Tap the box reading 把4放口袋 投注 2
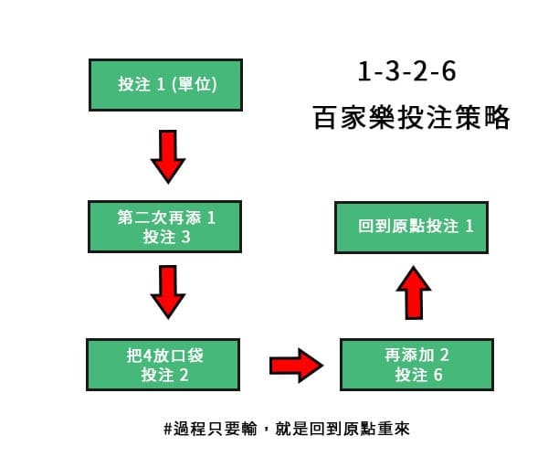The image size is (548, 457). (165, 365)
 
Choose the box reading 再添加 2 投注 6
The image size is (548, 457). (416, 365)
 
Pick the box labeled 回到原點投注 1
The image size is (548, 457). (416, 226)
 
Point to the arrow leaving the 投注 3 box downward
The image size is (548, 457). (167, 292)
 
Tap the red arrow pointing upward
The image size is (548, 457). (416, 292)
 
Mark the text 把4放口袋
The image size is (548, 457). (165, 355)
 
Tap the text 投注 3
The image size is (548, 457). (165, 237)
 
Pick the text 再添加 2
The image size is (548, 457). (418, 355)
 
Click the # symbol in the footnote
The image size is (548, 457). (168, 427)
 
